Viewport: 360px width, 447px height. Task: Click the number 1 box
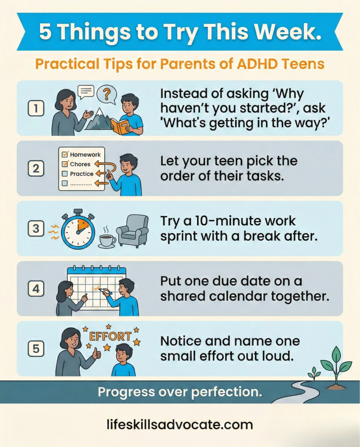pos(36,109)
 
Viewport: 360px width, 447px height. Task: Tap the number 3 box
pos(36,228)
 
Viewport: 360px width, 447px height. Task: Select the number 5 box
pos(36,349)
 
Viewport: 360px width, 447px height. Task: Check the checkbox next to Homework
pos(65,154)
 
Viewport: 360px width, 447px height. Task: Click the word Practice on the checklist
pos(82,174)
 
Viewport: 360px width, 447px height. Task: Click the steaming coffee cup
pos(107,240)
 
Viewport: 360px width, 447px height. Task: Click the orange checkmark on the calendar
pos(96,288)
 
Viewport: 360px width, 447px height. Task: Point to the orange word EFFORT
pos(110,336)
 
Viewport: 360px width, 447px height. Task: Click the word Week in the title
pos(289,32)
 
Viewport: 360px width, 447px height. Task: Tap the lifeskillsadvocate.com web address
pos(179,424)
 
